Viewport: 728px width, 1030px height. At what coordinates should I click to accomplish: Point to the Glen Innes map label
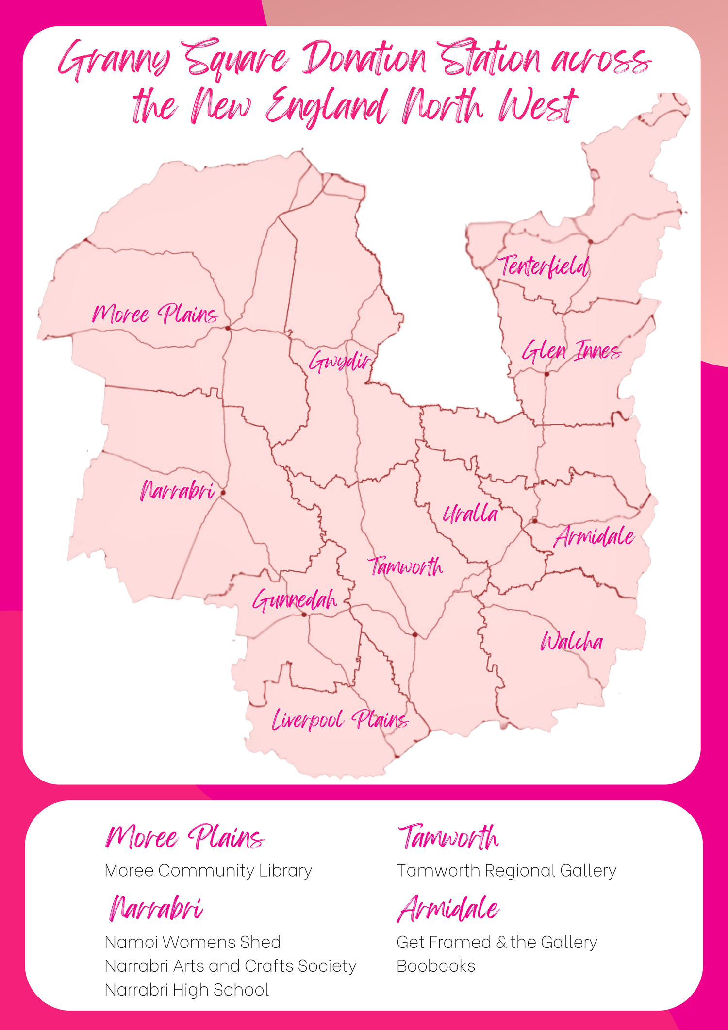pos(571,350)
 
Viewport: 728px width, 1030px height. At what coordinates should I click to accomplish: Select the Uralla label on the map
pos(470,514)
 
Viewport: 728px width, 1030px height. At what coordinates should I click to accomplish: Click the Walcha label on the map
pos(572,642)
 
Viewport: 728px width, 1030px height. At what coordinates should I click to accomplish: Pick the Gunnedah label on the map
pos(295,600)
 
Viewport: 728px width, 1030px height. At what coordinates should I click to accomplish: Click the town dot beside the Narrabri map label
pos(223,493)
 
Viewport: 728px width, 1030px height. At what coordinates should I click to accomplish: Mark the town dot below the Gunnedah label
pos(304,615)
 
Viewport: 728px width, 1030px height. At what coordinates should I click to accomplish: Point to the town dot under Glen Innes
pos(546,374)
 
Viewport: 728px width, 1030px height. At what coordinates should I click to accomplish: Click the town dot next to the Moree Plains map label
pos(228,328)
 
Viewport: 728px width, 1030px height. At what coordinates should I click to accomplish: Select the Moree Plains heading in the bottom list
pos(184,837)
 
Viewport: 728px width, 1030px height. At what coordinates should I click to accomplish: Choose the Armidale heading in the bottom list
pos(448,909)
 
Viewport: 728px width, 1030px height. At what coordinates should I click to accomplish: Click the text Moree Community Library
pos(208,871)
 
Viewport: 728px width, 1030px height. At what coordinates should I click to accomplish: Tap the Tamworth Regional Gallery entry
pos(506,871)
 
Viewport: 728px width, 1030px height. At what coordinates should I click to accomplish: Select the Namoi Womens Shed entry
pos(193,943)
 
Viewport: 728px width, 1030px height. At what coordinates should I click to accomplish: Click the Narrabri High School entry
pos(187,990)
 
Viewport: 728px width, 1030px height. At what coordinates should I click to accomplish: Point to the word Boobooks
pos(435,966)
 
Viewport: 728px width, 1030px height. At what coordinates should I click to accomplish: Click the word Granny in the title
pos(115,61)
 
